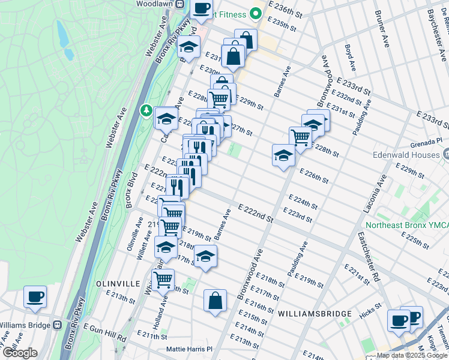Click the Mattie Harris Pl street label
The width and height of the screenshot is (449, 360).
pos(189,349)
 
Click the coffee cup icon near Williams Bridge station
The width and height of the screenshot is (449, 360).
pos(35,297)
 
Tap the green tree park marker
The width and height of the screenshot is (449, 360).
pos(146,110)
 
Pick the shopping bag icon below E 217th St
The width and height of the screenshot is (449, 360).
pos(215,301)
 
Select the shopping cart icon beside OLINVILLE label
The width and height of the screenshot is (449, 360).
pos(163,279)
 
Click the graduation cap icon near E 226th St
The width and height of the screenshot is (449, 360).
pos(283,156)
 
